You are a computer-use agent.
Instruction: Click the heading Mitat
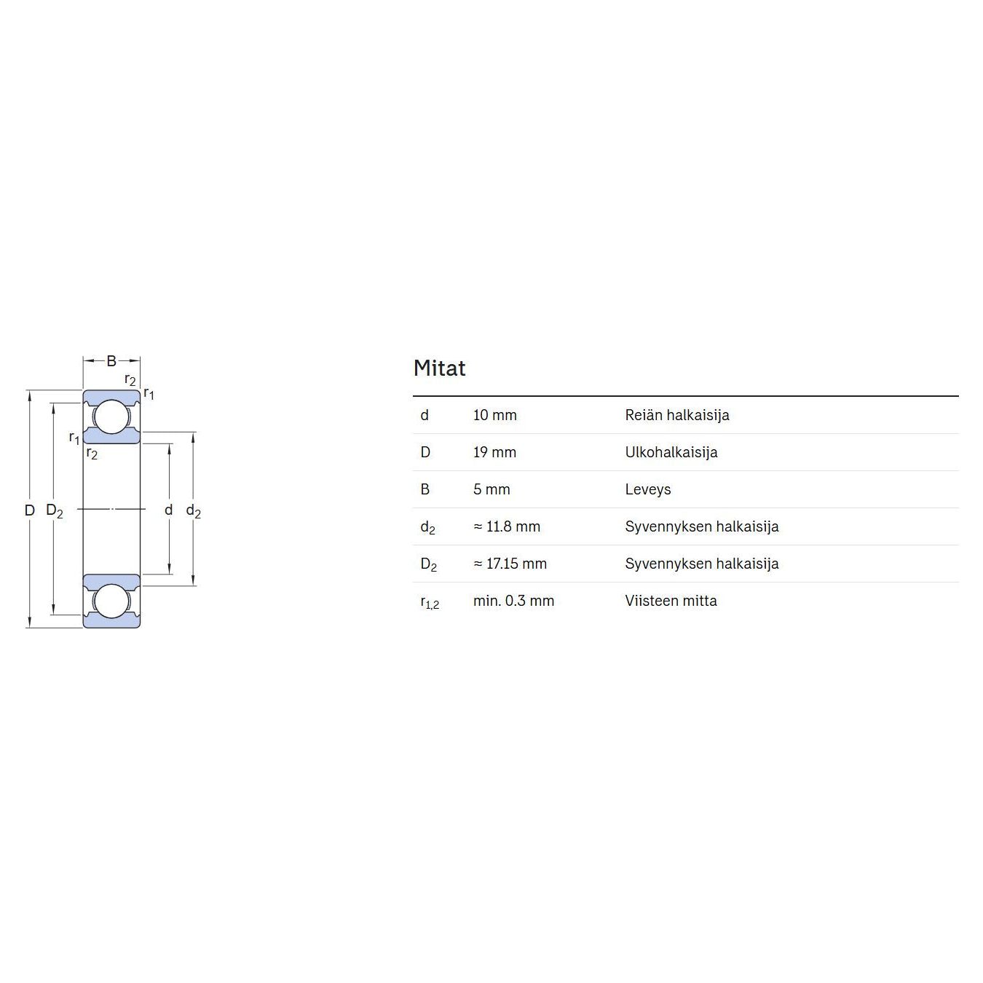439,368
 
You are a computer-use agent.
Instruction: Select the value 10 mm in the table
495,415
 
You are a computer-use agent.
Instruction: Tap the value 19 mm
495,452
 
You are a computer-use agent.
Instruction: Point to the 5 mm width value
491,490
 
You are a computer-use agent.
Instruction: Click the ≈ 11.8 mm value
507,526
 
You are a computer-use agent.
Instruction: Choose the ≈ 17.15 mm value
510,564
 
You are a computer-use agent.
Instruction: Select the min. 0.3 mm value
513,601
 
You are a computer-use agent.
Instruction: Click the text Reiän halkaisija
677,415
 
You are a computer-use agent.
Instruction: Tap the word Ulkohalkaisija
671,452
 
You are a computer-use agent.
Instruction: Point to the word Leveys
648,490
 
